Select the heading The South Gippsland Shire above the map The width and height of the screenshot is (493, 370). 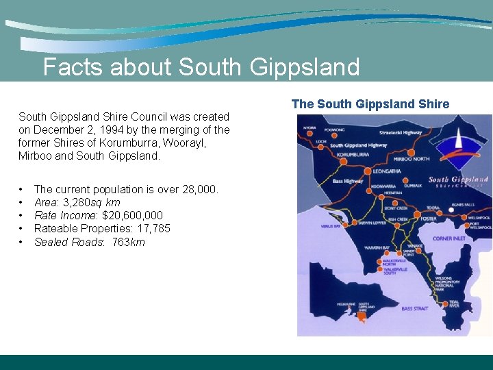[370, 104]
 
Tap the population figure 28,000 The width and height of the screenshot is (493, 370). [197, 188]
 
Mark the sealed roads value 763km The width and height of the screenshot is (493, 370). [129, 242]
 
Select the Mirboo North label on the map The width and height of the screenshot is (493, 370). [412, 158]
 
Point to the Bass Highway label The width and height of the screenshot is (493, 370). [349, 181]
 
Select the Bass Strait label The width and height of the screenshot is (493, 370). [415, 309]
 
